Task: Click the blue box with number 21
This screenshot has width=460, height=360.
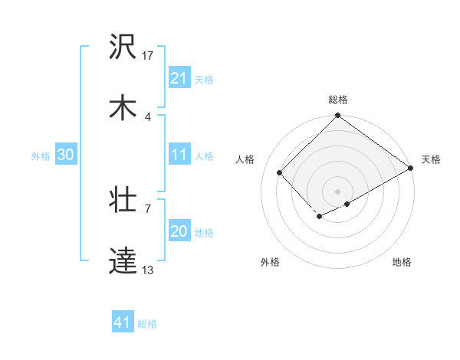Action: (179, 77)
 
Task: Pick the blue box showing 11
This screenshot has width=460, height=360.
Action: (179, 155)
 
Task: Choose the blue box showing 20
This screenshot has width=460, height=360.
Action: (179, 231)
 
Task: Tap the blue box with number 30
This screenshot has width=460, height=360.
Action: (66, 155)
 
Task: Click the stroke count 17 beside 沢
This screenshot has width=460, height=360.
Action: (148, 55)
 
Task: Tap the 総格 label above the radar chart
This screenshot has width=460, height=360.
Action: (338, 100)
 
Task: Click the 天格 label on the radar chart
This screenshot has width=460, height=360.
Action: (431, 159)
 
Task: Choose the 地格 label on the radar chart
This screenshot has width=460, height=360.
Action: (402, 262)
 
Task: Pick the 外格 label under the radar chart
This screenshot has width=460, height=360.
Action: (270, 262)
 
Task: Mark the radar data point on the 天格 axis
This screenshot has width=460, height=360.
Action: (411, 168)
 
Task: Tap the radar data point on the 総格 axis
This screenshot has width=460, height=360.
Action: (338, 116)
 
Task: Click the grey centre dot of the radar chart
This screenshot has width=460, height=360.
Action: (338, 191)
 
